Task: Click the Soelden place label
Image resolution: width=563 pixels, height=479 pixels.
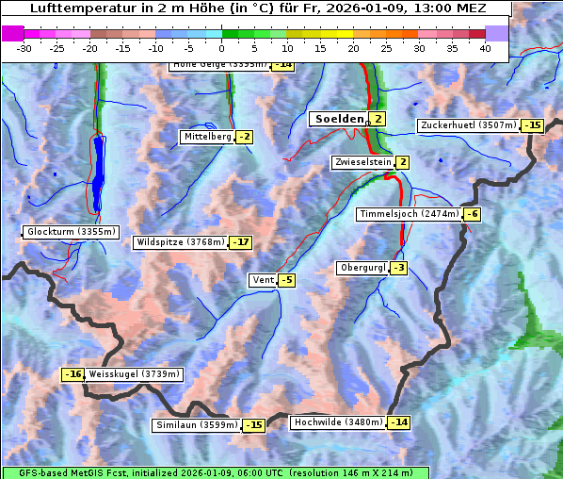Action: click(337, 119)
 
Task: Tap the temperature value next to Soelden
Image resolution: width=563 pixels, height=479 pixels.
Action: click(378, 119)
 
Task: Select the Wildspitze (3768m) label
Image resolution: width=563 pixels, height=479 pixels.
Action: click(181, 242)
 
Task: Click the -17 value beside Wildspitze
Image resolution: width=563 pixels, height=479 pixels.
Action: click(241, 242)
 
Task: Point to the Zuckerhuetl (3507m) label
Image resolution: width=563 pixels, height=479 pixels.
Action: click(469, 125)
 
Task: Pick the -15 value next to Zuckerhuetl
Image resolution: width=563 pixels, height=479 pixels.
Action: click(534, 125)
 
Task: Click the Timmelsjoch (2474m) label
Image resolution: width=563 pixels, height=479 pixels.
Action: click(409, 214)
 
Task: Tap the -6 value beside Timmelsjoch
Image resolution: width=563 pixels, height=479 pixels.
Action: click(473, 214)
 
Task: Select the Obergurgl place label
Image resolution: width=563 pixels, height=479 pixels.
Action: click(362, 268)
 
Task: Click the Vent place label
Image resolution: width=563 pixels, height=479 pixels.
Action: click(262, 280)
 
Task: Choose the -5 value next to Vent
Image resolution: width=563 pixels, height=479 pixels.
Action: click(286, 280)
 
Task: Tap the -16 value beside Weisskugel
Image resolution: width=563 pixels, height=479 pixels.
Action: click(72, 374)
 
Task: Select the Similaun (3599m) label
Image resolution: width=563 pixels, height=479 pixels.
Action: click(196, 425)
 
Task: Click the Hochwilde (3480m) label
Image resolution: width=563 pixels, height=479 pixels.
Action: click(337, 422)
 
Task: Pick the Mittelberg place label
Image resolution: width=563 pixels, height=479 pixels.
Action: click(207, 137)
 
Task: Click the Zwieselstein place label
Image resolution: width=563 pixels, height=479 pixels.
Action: click(362, 162)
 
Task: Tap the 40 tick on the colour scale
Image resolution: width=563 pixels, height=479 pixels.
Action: click(485, 48)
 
